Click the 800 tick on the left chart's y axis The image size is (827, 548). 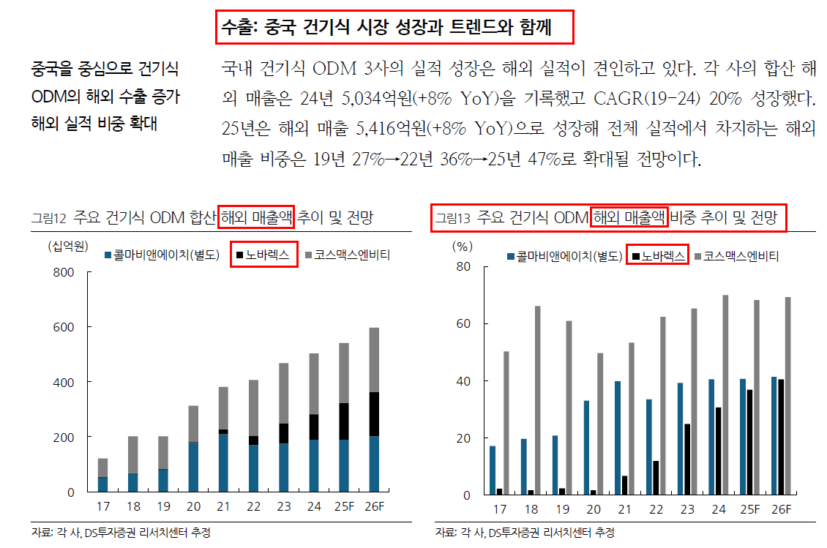63,272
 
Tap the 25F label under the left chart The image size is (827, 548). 344,506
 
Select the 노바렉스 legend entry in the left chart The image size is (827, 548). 263,255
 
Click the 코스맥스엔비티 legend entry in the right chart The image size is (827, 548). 737,256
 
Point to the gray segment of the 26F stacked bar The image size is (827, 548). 374,360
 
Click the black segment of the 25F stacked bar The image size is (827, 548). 344,421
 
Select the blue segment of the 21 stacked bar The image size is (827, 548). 224,462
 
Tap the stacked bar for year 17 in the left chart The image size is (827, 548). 103,476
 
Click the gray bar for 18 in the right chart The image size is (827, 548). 537,400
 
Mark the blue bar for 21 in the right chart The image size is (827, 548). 618,438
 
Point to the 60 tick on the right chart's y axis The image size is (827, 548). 463,323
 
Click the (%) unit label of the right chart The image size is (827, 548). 463,247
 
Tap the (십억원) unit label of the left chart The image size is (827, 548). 68,246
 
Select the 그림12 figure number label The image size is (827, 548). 48,218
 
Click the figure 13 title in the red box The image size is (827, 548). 608,217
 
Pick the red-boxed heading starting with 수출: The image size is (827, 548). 394,27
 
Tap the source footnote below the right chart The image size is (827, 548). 525,533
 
